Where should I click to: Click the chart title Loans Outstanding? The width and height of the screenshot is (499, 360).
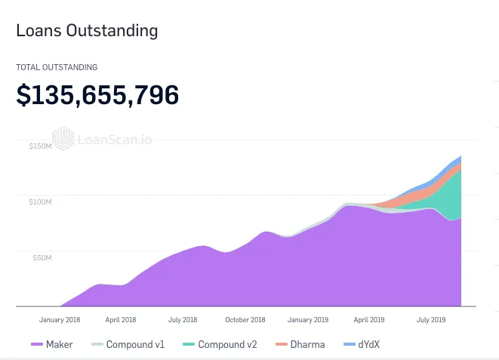pos(87,31)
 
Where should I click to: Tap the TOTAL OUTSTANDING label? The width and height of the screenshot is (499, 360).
pos(57,67)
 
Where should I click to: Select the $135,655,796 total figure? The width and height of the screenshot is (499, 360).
pos(97,95)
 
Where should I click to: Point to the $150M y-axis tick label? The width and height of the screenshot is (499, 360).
pos(40,146)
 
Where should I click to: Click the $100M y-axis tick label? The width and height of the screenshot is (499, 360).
pos(40,202)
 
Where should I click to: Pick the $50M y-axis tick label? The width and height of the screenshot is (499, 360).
pos(42,257)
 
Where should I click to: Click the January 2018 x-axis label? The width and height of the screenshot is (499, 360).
pos(60,319)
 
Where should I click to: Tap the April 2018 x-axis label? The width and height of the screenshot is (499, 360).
pos(121,319)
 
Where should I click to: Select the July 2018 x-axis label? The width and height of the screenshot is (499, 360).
pos(183,319)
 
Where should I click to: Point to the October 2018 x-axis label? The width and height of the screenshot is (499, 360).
pos(245,319)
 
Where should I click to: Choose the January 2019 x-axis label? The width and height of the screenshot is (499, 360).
pos(308,319)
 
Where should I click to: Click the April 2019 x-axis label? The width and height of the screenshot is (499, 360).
pos(369,319)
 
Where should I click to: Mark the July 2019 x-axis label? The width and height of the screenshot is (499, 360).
pos(431,319)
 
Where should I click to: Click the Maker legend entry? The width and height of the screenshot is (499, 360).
pos(52,344)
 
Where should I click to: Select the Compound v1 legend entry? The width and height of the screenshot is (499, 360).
pos(128,344)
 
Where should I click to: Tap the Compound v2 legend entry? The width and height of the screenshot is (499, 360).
pos(220,344)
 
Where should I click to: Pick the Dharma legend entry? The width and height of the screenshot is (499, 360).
pos(300,344)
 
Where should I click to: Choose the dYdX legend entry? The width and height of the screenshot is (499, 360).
pos(362,344)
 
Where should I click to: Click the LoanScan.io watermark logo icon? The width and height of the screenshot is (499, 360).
pos(63,139)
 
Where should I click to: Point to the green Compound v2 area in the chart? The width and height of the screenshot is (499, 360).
pos(448,197)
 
